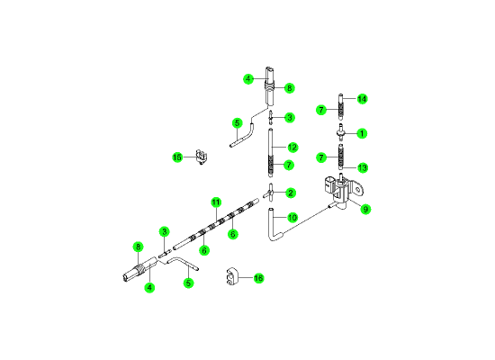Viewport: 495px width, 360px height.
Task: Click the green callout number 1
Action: coord(362,133)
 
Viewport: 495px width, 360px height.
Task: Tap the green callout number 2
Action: coord(291,193)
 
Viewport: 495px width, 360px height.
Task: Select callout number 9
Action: coord(365,209)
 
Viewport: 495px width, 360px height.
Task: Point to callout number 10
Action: coord(292,218)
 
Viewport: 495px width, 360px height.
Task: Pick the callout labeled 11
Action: coord(216,202)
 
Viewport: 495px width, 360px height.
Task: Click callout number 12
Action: coord(292,148)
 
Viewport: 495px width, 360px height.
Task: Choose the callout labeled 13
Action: coord(363,167)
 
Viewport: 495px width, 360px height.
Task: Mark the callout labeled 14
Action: coord(362,99)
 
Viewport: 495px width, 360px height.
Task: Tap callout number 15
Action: coord(177,157)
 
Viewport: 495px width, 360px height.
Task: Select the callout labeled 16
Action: coord(258,278)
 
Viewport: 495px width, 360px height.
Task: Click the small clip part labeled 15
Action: coord(202,157)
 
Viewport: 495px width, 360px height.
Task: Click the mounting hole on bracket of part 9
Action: coord(357,190)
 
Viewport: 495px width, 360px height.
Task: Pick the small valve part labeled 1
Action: coord(340,133)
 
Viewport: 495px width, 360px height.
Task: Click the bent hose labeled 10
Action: coord(272,227)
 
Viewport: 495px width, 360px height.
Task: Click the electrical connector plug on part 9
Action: coord(329,184)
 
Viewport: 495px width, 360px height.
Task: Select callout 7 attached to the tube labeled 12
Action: coord(289,165)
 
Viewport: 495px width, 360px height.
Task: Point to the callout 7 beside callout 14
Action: coord(321,110)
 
